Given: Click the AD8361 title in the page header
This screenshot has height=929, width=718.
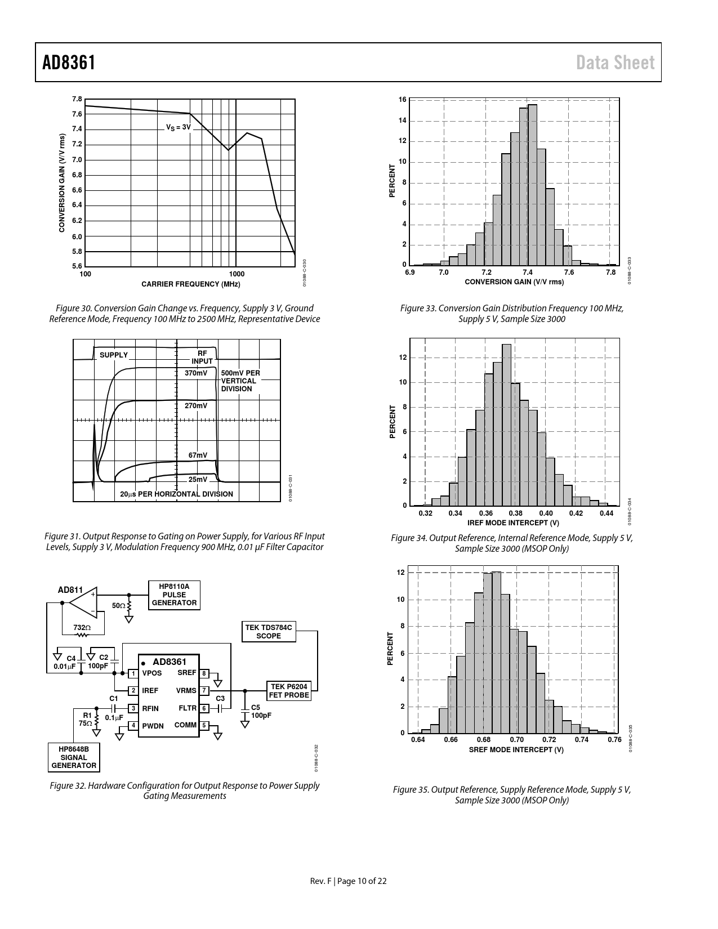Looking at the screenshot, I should pos(69,63).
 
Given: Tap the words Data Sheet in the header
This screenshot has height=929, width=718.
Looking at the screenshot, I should pos(616,63).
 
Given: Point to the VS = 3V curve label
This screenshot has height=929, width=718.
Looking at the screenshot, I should pos(179,128).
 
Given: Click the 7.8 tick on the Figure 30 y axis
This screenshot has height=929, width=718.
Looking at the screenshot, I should pos(77,99).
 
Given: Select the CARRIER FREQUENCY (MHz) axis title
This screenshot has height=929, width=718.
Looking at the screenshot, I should pos(190,284).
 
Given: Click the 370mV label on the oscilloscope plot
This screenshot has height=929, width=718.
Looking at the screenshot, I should pos(196,373).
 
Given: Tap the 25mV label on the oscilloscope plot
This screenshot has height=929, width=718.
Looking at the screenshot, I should pos(198,480).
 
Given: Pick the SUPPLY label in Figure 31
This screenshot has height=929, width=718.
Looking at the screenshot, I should pos(114,355).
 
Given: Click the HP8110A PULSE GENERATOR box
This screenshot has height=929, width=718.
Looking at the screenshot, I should pos(175,595).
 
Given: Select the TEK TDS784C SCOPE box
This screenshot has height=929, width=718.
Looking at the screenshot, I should pos(269,632).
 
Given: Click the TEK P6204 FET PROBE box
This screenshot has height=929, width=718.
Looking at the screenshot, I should pos(289,691).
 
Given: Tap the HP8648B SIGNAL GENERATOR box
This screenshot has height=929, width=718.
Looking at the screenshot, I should pos(74,757).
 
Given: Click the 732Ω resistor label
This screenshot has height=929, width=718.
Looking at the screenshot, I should pos(82,627).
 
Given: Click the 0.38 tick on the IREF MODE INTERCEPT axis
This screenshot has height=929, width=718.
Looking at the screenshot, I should pos(515,513).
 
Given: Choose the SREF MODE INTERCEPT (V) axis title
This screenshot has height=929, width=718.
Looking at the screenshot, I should pos(516,749).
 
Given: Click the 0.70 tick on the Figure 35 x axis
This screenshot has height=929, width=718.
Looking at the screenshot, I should pos(516,739).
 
